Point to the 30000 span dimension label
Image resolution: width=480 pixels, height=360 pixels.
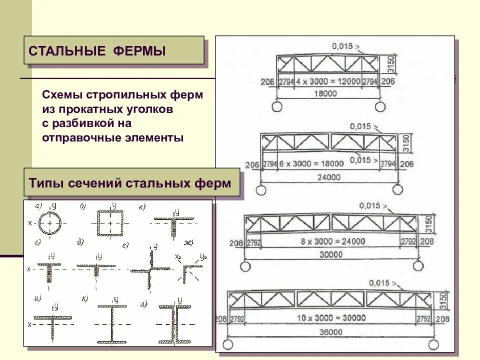pyautogui.click(x=329, y=254)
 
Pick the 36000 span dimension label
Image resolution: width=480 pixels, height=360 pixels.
pyautogui.click(x=329, y=332)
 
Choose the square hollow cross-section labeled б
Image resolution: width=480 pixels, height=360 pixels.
pyautogui.click(x=110, y=222)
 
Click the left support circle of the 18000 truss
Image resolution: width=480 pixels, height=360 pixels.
pyautogui.click(x=276, y=106)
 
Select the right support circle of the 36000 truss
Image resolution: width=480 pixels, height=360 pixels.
pyautogui.click(x=433, y=344)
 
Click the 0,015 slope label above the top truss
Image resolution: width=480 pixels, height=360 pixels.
pyautogui.click(x=342, y=46)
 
